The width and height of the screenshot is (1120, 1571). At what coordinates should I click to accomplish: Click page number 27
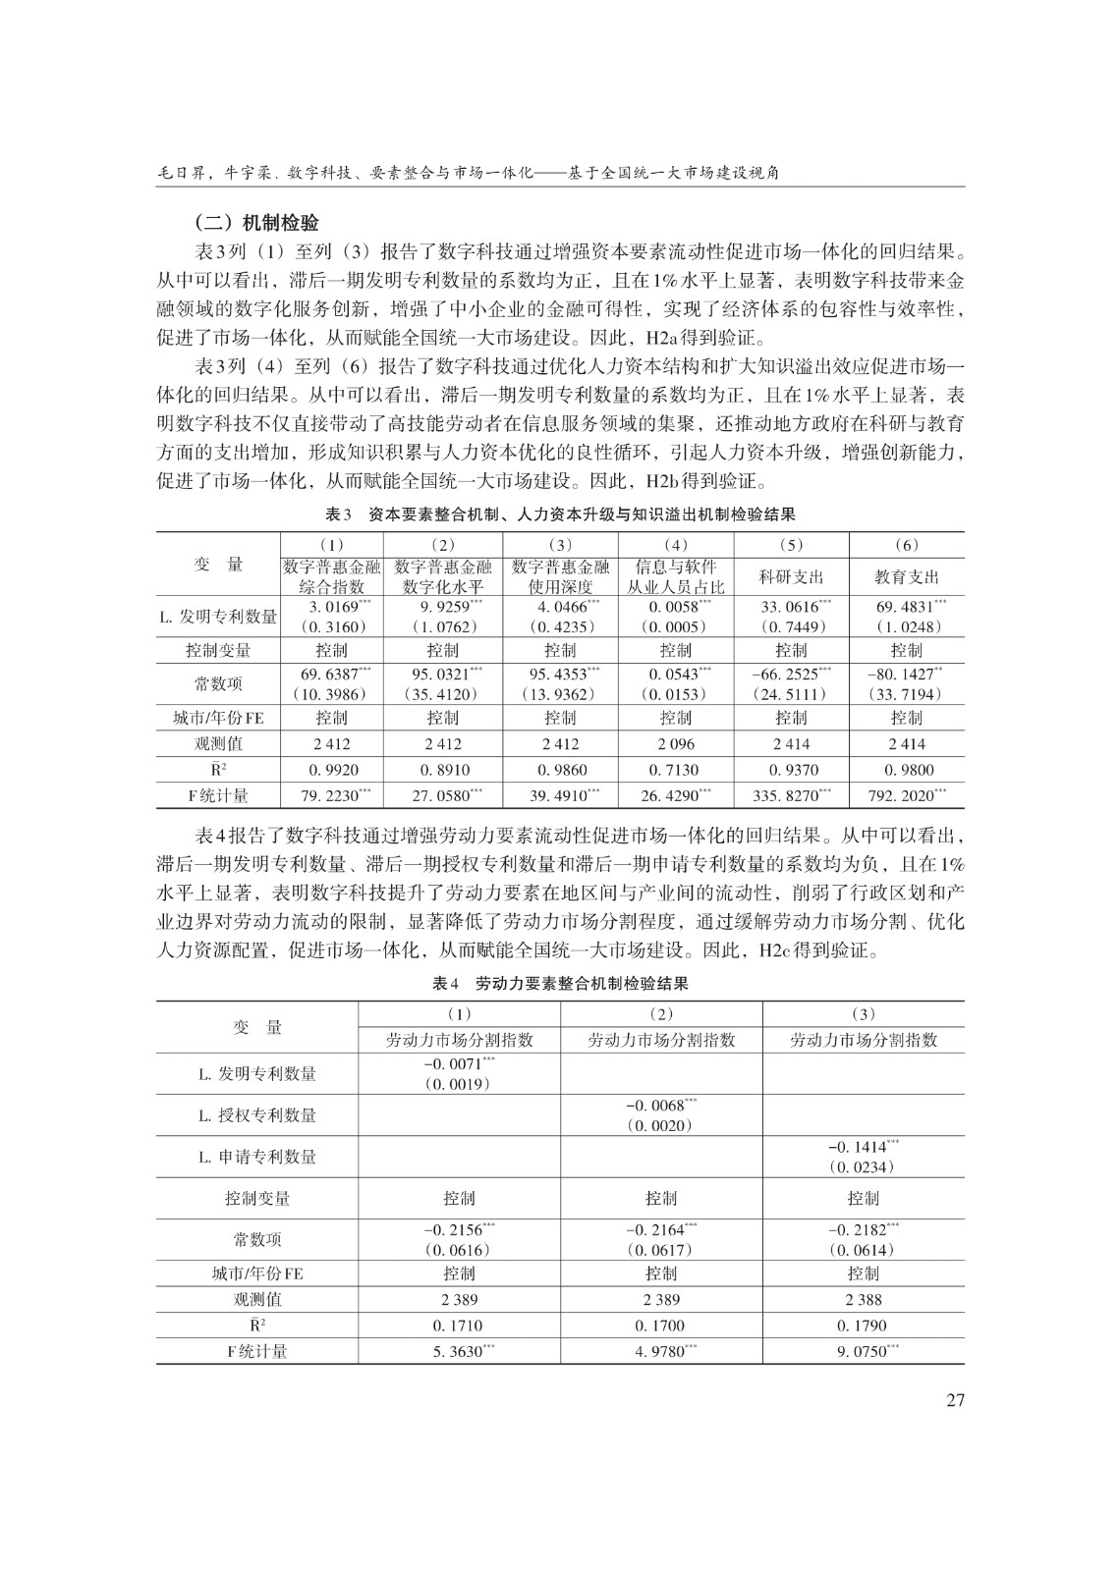coord(955,1399)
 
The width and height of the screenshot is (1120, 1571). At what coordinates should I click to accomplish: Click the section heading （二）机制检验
coord(255,223)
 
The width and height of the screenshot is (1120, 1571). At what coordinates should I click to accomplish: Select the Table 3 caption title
coord(560,515)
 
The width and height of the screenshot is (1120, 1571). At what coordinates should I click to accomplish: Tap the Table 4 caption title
coord(560,983)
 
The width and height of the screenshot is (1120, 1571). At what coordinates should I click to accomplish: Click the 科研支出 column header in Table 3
coord(791,576)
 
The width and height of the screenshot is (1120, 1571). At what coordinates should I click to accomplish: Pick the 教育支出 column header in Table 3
coord(907,576)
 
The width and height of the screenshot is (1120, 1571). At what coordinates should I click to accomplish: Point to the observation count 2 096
coord(675,743)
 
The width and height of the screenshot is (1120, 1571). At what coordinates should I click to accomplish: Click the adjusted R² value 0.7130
coord(675,770)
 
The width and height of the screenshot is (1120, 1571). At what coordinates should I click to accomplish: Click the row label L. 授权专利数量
coord(257,1115)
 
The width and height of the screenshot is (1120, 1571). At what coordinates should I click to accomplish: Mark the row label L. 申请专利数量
coord(257,1157)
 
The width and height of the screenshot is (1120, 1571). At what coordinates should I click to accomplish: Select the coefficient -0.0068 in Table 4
coord(656,1106)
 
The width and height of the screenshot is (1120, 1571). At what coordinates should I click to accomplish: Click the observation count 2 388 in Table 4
coord(864,1299)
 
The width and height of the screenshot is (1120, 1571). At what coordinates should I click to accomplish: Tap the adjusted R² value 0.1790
coord(864,1326)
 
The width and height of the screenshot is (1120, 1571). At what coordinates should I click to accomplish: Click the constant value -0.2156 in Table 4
coord(454,1229)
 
